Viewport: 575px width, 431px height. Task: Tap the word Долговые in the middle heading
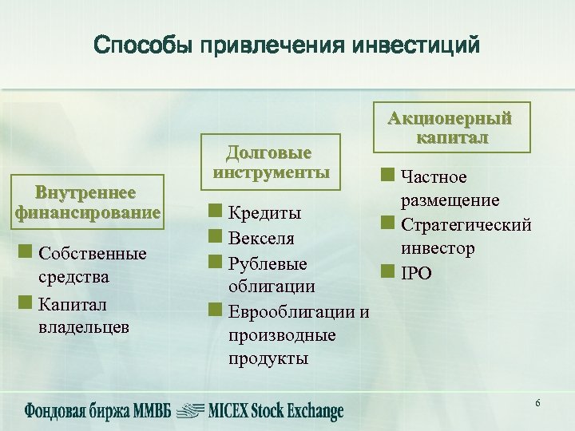pyautogui.click(x=268, y=152)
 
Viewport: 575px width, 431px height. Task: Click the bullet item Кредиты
pyautogui.click(x=264, y=213)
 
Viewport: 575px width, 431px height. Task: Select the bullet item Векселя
pyautogui.click(x=261, y=238)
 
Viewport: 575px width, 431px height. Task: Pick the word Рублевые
pyautogui.click(x=268, y=262)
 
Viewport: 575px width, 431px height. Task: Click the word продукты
pyautogui.click(x=268, y=358)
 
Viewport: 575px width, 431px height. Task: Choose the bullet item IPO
pyautogui.click(x=417, y=273)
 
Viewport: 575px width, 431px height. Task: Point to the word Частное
pyautogui.click(x=434, y=176)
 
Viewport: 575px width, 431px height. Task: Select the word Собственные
pyautogui.click(x=93, y=254)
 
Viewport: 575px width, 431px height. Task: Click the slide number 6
pyautogui.click(x=537, y=403)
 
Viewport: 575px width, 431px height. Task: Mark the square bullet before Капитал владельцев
pyautogui.click(x=25, y=303)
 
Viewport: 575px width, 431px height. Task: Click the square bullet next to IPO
pyautogui.click(x=387, y=271)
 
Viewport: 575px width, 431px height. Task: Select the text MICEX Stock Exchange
pyautogui.click(x=276, y=411)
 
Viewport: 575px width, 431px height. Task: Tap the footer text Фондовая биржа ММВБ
pyautogui.click(x=96, y=411)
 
